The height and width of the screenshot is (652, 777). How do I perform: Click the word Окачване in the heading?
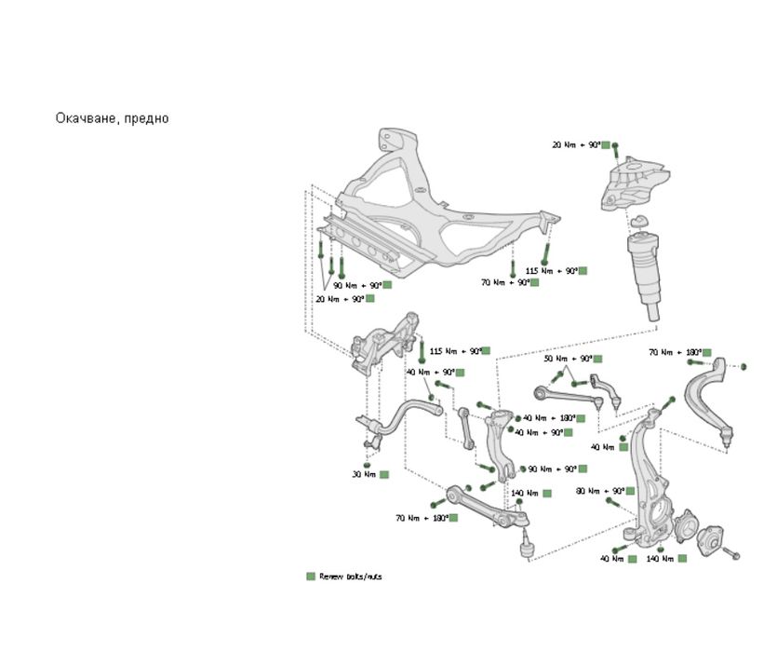tap(85, 118)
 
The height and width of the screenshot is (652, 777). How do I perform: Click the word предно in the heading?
tap(145, 118)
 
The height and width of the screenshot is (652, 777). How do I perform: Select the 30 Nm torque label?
tap(363, 474)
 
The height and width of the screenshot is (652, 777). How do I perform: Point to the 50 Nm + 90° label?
tap(568, 359)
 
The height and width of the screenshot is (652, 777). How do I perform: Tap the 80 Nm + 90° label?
tap(599, 491)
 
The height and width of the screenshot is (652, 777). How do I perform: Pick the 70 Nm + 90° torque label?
tap(504, 282)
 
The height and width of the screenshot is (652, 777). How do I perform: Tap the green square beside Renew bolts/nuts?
tap(311, 577)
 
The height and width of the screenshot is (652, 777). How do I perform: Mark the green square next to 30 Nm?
tap(383, 474)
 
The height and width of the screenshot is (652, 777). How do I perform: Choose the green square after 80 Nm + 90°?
tap(631, 491)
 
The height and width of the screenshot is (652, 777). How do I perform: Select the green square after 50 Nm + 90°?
tap(597, 359)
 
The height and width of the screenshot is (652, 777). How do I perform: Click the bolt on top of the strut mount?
tap(615, 149)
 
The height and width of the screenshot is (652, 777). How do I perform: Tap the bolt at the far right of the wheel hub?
tap(730, 554)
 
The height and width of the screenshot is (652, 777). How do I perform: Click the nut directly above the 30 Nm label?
tap(368, 455)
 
